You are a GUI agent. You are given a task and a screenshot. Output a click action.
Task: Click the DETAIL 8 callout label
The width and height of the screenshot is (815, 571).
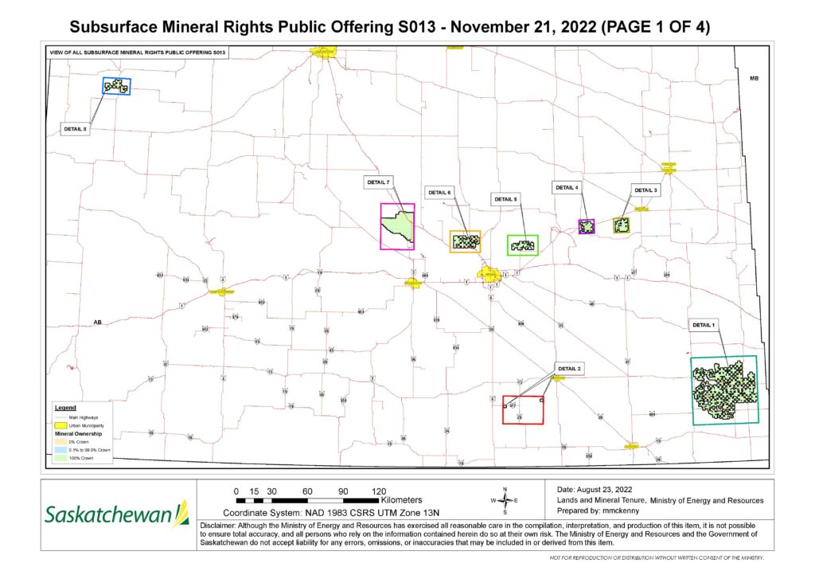(x=74, y=128)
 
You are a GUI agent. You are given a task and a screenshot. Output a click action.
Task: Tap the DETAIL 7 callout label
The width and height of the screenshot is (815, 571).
(x=378, y=182)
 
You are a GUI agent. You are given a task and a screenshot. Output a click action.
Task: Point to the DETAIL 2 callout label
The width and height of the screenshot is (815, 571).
(x=570, y=369)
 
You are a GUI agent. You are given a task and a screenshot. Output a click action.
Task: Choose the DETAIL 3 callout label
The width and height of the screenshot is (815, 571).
(x=645, y=190)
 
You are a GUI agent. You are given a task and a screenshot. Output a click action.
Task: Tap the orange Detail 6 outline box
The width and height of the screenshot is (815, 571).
(x=465, y=242)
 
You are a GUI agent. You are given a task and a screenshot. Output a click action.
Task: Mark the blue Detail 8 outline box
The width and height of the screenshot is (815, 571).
(x=116, y=85)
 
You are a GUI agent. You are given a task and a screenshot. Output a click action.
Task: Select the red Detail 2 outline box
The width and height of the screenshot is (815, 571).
(x=523, y=409)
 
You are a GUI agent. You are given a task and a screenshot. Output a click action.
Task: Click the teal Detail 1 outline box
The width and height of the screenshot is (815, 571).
(x=724, y=389)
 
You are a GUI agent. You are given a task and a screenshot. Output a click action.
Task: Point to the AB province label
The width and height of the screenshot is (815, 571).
(x=98, y=323)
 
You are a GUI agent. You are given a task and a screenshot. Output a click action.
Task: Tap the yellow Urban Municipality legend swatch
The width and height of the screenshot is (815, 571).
(x=60, y=426)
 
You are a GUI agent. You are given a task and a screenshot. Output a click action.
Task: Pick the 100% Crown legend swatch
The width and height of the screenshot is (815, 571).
(x=60, y=459)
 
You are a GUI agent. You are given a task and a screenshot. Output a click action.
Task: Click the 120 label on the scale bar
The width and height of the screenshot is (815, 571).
(x=379, y=491)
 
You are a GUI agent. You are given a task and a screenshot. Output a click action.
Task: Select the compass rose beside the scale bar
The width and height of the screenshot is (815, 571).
(x=504, y=500)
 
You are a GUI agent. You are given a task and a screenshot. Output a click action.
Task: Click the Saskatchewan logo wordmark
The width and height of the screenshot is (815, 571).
(x=108, y=515)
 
